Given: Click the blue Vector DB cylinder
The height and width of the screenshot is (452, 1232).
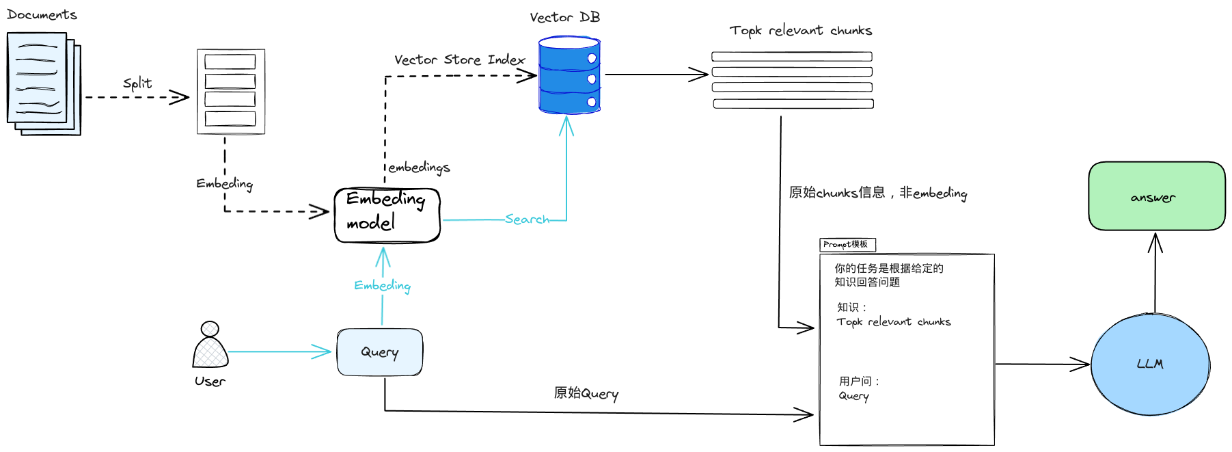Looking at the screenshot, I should coord(569,75).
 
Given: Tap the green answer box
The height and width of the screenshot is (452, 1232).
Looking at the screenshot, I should coord(1156,196).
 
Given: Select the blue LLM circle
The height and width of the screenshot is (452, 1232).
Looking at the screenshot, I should coord(1150,364).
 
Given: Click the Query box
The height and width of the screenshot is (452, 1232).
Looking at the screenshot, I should coord(380,352).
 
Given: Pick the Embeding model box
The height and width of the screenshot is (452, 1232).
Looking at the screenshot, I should coord(387,215).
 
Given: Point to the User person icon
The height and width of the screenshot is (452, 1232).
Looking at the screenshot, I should coord(210,345).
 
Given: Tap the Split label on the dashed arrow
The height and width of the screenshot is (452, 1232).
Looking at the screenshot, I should coord(137,83).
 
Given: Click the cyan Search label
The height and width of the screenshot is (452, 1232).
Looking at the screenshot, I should coord(527,220).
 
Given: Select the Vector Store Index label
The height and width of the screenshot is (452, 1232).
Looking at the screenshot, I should coord(459,60).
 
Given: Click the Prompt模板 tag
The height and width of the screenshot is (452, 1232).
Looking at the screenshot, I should coord(847,244).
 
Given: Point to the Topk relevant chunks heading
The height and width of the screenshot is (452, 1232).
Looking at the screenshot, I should coord(800,31).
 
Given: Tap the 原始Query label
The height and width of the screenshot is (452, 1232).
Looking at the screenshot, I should coord(586,393).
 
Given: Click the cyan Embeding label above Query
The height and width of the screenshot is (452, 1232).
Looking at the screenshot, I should coord(382,286).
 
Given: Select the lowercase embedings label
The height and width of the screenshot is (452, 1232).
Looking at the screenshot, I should coord(419,168).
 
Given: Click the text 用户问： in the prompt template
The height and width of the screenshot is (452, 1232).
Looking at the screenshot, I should coord(860,382).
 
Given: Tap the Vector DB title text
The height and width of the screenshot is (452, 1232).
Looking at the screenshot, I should coord(564,18).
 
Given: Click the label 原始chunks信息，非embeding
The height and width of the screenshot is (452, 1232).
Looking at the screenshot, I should coord(877,193).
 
